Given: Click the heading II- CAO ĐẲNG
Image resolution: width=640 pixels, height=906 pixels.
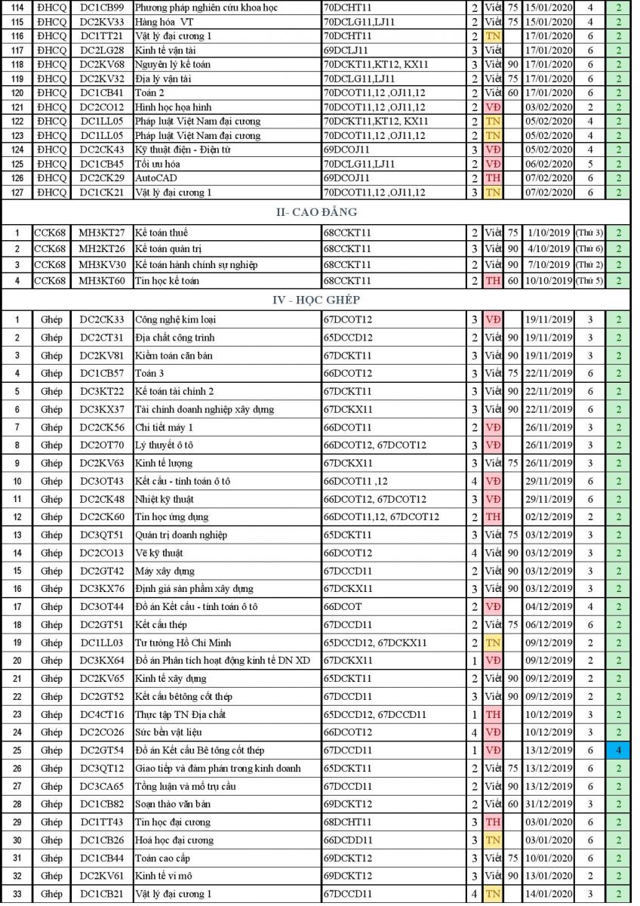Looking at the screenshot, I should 316,212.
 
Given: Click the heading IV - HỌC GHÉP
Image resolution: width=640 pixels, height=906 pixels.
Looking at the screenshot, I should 315,300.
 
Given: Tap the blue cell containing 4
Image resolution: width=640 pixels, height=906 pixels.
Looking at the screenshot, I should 618,750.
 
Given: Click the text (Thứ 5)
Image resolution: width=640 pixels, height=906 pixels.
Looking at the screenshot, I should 589,281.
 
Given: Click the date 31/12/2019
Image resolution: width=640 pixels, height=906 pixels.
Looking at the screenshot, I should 549,804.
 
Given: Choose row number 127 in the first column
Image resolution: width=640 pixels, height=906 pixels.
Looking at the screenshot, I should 18,193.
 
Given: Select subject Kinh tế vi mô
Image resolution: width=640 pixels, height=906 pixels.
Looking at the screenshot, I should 164,876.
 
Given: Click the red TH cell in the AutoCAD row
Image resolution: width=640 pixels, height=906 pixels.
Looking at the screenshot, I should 493,178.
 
